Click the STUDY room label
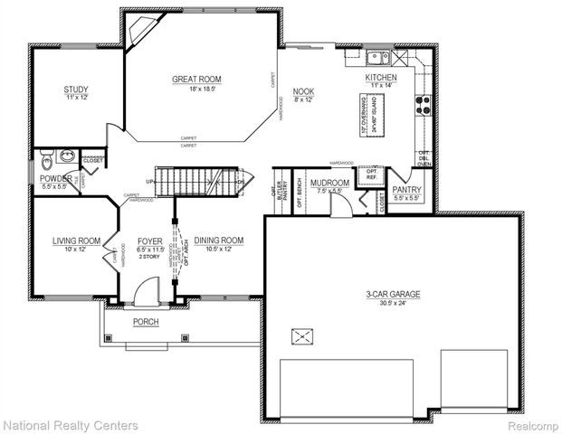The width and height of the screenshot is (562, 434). click(75, 89)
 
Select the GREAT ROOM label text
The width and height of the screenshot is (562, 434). click(196, 80)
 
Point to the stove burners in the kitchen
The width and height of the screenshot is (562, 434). click(422, 105)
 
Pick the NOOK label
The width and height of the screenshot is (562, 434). click(302, 90)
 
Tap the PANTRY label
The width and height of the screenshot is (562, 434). click(408, 189)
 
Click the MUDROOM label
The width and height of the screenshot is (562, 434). click(323, 183)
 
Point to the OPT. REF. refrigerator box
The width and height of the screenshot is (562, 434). click(370, 174)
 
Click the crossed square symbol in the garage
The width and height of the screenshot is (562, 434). click(300, 337)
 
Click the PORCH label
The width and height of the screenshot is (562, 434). click(146, 321)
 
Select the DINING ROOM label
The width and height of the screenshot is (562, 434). click(219, 240)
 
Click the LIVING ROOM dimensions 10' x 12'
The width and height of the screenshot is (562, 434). click(76, 249)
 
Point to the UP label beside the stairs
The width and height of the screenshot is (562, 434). click(149, 182)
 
